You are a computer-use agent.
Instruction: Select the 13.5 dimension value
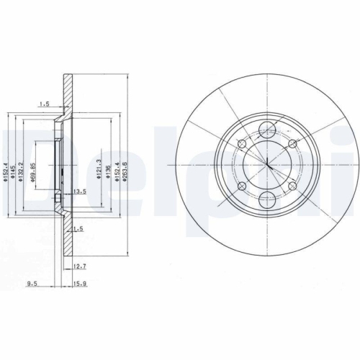(80, 192)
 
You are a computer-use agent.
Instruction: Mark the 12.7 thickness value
(80, 266)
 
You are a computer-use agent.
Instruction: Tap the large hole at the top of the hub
(266, 130)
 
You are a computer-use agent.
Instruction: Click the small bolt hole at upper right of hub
(294, 144)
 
